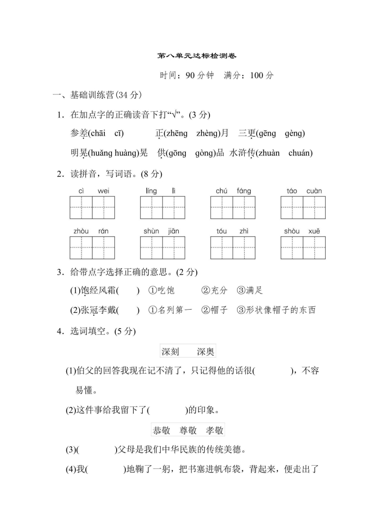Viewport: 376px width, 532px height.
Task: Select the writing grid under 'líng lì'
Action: click(163, 208)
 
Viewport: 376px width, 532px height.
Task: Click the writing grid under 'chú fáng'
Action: click(233, 208)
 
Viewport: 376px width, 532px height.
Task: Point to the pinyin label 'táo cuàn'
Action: click(303, 191)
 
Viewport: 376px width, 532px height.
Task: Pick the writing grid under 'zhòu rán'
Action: click(92, 248)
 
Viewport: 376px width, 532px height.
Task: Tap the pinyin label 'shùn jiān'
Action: click(162, 231)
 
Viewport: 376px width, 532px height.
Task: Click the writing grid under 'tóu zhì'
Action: click(233, 248)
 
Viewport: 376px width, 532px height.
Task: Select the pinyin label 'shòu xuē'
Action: click(303, 231)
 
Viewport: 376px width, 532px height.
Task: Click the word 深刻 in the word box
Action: click(170, 352)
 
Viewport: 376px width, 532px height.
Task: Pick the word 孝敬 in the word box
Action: click(214, 430)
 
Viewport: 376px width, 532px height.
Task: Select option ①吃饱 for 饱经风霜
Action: click(162, 290)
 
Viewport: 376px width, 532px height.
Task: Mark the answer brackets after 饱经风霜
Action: click(128, 290)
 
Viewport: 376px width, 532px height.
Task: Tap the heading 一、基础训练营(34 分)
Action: click(97, 95)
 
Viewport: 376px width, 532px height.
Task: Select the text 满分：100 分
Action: click(249, 75)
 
